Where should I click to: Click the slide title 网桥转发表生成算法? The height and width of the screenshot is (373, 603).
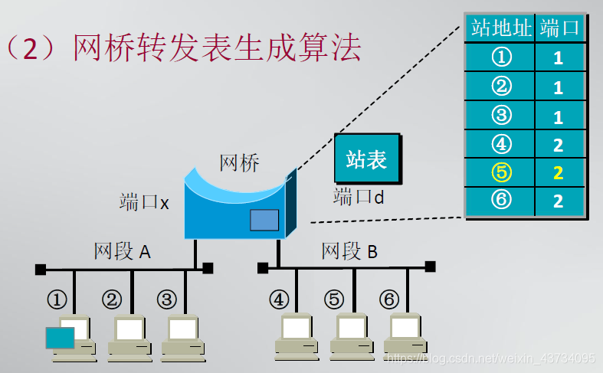[x=217, y=48]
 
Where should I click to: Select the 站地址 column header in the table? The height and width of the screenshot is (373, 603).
[x=500, y=29]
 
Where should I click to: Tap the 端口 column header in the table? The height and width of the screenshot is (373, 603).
[x=559, y=29]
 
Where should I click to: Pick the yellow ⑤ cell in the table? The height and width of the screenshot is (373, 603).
[x=500, y=172]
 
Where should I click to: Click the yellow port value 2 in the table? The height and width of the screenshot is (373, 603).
[x=559, y=173]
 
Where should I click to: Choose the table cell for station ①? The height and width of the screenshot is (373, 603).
[x=500, y=57]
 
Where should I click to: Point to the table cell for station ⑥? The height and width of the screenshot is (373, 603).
[x=500, y=201]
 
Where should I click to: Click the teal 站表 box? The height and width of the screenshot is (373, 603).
[x=366, y=159]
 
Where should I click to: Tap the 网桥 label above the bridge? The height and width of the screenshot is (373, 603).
[x=239, y=163]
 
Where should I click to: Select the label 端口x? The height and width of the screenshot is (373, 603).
[x=144, y=202]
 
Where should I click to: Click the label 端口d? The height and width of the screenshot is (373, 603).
[x=359, y=197]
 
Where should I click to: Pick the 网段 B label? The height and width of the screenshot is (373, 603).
[x=349, y=251]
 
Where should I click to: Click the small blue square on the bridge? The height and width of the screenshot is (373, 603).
[x=264, y=220]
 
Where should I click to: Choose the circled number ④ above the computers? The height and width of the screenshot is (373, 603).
[x=280, y=299]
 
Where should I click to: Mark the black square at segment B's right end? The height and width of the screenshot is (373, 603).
[x=431, y=267]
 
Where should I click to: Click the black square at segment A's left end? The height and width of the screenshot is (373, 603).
[x=40, y=269]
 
